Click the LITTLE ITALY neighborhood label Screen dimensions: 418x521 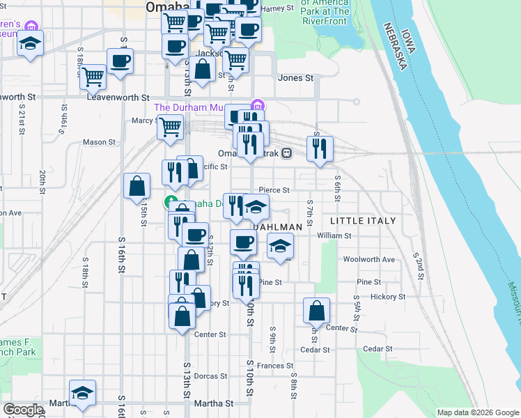click(363, 221)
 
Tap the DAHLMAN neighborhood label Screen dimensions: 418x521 click(278, 227)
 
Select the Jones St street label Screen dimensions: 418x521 click(295, 78)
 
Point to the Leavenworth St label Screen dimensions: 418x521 click(118, 98)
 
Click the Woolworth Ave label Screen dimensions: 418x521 click(369, 259)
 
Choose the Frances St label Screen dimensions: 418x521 click(274, 365)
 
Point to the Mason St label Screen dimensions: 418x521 click(99, 142)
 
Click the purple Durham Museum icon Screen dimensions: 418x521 click(257, 105)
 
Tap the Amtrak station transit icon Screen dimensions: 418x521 click(286, 153)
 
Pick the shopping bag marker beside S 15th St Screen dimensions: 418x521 click(137, 187)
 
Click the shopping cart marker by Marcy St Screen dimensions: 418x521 click(171, 128)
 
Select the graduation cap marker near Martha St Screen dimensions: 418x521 click(82, 393)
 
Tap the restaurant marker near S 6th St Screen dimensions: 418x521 click(320, 148)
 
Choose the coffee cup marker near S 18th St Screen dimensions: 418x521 click(120, 61)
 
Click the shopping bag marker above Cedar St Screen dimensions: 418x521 click(316, 311)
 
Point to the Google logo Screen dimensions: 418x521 click(22, 410)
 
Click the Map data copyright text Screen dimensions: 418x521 click(478, 412)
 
